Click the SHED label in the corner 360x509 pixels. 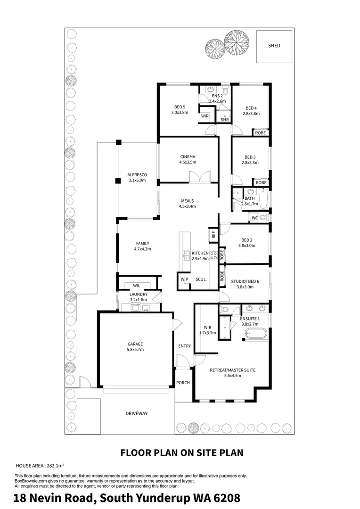274,46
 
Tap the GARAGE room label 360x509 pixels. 135,344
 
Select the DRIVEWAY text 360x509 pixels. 137,414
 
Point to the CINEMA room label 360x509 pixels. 188,157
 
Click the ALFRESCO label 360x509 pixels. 137,175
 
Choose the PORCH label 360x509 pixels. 183,383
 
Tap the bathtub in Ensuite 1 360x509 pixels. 256,333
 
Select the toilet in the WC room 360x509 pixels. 263,217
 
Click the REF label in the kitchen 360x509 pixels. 213,235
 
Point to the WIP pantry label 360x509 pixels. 184,279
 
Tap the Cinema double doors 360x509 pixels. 200,177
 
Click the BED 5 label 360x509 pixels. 180,107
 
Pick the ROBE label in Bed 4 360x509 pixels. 261,133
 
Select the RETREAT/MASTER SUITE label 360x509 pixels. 232,370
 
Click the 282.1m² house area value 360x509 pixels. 55,466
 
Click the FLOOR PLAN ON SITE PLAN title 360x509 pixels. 182,453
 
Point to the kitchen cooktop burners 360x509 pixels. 213,255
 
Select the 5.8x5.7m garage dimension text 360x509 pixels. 135,350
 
